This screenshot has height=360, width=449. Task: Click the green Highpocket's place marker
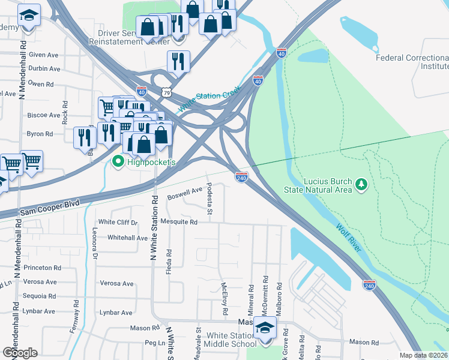[118, 161]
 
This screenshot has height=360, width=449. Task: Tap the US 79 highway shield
[166, 92]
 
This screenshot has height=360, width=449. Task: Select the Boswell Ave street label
[185, 192]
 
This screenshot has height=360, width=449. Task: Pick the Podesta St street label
[210, 199]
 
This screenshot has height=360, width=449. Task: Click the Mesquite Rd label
[181, 222]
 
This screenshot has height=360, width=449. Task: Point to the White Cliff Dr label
[118, 222]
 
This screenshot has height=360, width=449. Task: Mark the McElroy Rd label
[224, 299]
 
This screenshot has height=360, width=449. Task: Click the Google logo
[20, 353]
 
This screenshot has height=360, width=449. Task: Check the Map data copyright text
[424, 355]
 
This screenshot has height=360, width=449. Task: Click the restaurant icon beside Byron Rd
[84, 137]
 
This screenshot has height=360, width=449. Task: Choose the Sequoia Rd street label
[39, 296]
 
